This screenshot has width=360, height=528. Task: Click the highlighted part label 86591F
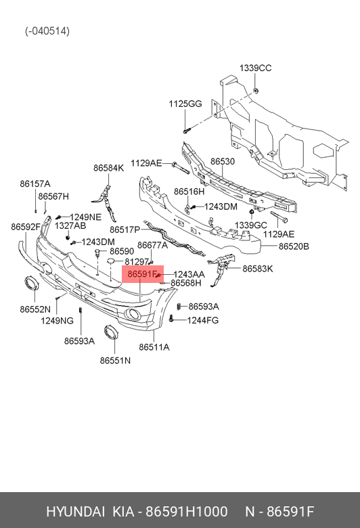(x=143, y=274)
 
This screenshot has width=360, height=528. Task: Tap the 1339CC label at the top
(x=255, y=68)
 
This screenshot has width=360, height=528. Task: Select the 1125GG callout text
(x=185, y=104)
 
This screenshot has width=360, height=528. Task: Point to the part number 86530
(x=223, y=162)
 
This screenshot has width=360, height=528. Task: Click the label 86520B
(x=294, y=246)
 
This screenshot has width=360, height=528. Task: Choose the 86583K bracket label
(x=258, y=269)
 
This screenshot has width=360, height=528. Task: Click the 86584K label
(x=108, y=168)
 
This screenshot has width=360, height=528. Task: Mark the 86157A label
(x=35, y=184)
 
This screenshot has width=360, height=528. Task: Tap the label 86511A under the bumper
(x=154, y=347)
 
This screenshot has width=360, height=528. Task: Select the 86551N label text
(x=115, y=360)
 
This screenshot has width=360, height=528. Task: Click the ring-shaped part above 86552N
(x=32, y=283)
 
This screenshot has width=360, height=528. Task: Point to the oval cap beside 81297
(x=111, y=261)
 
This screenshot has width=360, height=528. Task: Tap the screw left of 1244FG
(x=171, y=318)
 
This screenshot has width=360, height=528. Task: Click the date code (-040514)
(x=47, y=31)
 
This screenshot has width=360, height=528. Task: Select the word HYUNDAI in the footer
(x=75, y=512)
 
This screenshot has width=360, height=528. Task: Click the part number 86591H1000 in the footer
(x=186, y=512)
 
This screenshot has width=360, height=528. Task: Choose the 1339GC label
(x=250, y=225)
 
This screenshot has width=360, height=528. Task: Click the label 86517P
(x=125, y=229)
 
